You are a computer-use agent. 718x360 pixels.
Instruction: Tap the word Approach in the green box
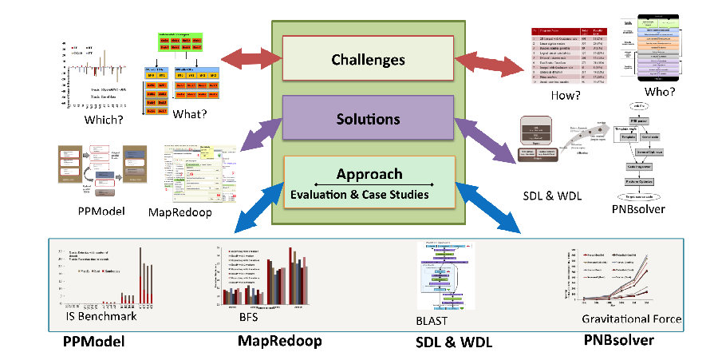tap(369, 174)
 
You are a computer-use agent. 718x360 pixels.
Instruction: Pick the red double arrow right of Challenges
tap(491, 62)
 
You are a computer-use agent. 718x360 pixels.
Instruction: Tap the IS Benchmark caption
tap(101, 316)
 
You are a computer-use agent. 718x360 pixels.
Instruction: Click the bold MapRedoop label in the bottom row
tap(279, 341)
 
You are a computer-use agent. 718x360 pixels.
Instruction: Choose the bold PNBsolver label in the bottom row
tap(618, 340)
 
